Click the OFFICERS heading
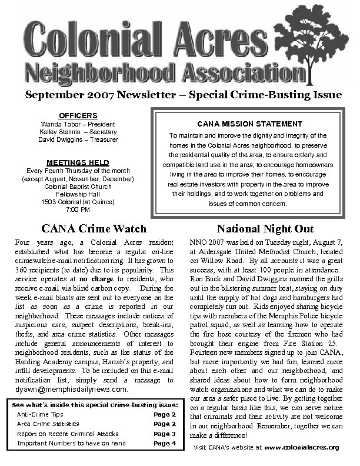pos(78,116)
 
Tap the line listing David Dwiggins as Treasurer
pos(78,139)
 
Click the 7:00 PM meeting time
pos(78,209)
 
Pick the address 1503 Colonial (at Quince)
pos(78,202)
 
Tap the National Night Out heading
pos(265,228)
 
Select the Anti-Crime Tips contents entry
pos(40,414)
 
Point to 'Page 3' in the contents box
pos(165,434)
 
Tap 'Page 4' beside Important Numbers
pos(165,443)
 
